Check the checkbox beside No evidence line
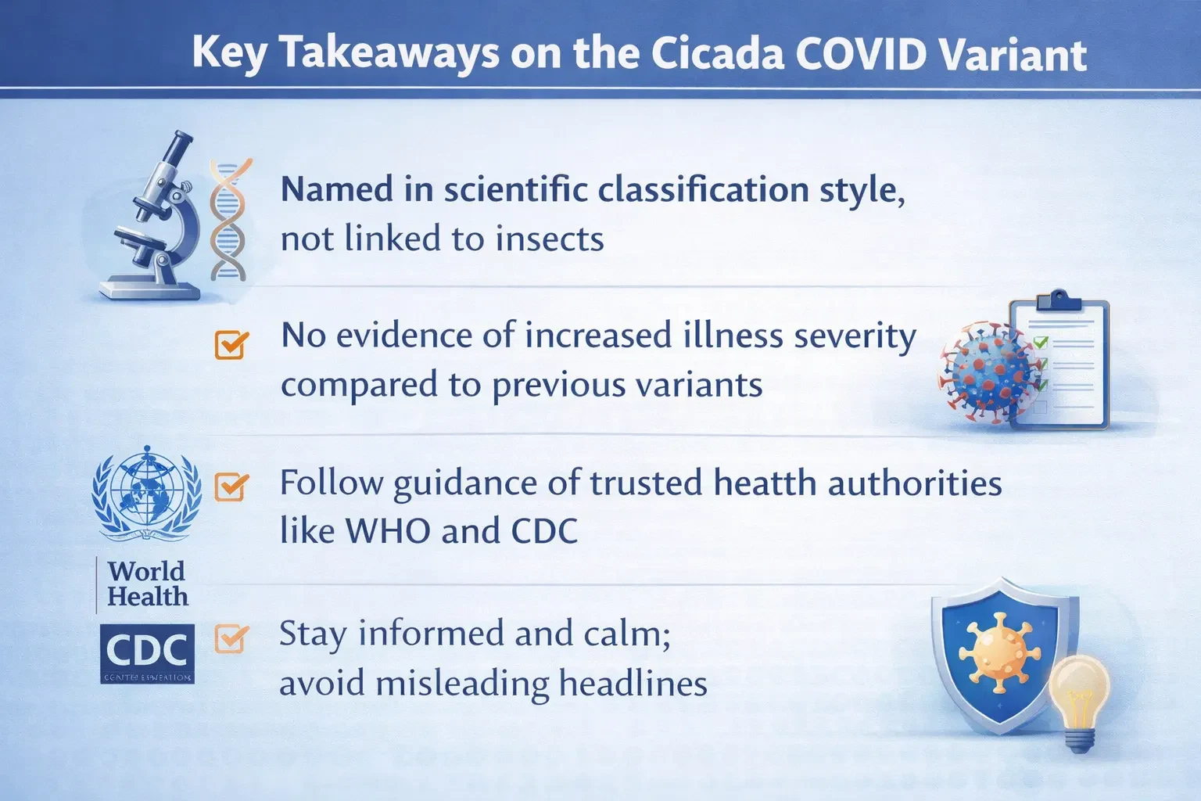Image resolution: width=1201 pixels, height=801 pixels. pyautogui.click(x=231, y=344)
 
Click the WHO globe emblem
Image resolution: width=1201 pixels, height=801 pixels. pyautogui.click(x=145, y=493)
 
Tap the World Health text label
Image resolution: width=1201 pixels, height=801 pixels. pyautogui.click(x=147, y=584)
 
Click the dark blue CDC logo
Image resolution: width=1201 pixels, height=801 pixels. pyautogui.click(x=147, y=653)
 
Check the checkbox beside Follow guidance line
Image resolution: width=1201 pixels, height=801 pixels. pyautogui.click(x=231, y=487)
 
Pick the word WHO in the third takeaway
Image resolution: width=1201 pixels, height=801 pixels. pyautogui.click(x=389, y=532)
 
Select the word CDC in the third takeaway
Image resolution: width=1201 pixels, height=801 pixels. pyautogui.click(x=544, y=532)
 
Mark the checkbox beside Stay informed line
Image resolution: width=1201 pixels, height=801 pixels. pyautogui.click(x=231, y=638)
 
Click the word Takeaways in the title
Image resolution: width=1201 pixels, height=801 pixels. pyautogui.click(x=389, y=53)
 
